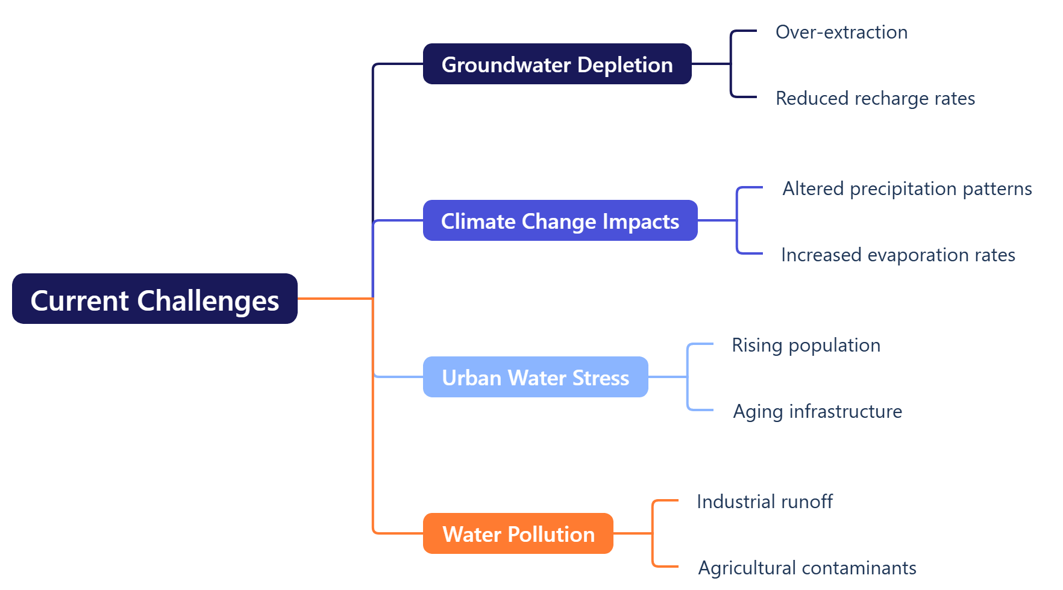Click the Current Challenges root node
pyautogui.click(x=155, y=299)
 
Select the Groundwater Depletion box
pyautogui.click(x=557, y=64)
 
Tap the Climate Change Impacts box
pyautogui.click(x=560, y=220)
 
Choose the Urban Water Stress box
pyautogui.click(x=536, y=377)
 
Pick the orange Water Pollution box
pyautogui.click(x=518, y=533)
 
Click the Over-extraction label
pyautogui.click(x=842, y=32)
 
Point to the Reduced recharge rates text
pyautogui.click(x=876, y=98)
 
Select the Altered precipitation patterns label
pyautogui.click(x=908, y=189)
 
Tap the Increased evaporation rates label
pyautogui.click(x=898, y=255)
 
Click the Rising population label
pyautogui.click(x=806, y=346)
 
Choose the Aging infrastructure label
pyautogui.click(x=818, y=412)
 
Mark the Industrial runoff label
pyautogui.click(x=765, y=501)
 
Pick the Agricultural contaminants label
pyautogui.click(x=807, y=568)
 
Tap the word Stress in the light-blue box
pyautogui.click(x=601, y=377)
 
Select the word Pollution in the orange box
pyautogui.click(x=551, y=534)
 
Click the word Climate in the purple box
pyautogui.click(x=478, y=221)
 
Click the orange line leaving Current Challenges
pyautogui.click(x=336, y=298)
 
